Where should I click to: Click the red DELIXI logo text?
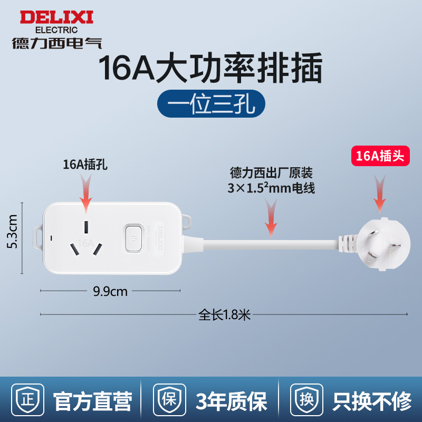coord(56,17)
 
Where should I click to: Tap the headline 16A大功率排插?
coord(210,68)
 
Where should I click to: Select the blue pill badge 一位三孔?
coord(211,103)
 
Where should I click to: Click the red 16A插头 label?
coord(380,156)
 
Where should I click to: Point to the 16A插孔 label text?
coord(85,165)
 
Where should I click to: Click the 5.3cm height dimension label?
coord(12,232)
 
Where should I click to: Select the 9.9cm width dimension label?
coord(110,292)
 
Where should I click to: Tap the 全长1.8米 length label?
coord(225,314)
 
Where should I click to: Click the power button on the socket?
coord(133,238)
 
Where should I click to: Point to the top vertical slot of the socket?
coord(86,227)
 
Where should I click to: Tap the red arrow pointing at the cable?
coord(271,218)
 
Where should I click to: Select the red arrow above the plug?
coord(379,194)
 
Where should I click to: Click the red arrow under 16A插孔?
coord(86,194)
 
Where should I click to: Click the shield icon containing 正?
coord(27,400)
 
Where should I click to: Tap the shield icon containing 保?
coord(169,400)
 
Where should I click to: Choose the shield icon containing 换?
coord(307,400)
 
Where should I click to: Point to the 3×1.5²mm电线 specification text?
coord(271,188)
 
